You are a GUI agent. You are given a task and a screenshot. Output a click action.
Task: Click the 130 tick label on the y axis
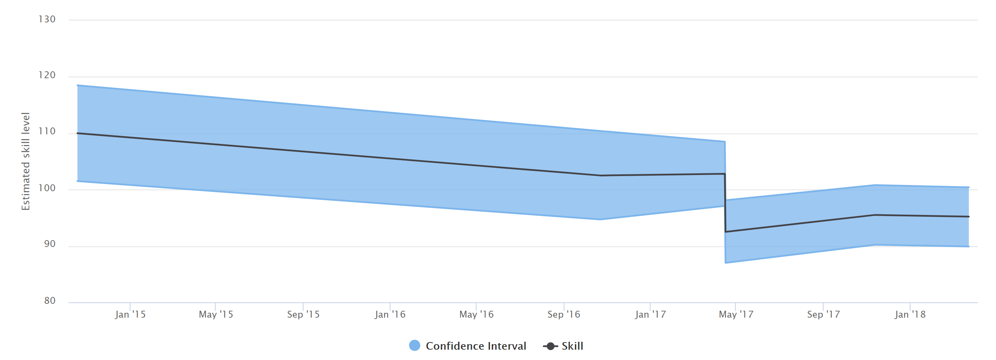[x=47, y=19]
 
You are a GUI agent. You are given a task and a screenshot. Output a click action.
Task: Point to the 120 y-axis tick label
[x=47, y=75]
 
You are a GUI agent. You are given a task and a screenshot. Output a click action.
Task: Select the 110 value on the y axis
[x=47, y=132]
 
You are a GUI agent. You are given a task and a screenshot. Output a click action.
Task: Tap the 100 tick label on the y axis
[x=47, y=188]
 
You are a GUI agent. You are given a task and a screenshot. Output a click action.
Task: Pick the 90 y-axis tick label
[x=50, y=244]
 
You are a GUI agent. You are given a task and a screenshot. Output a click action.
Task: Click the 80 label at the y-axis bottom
[x=50, y=300]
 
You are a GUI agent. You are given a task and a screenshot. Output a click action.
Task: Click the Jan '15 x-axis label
[x=130, y=315]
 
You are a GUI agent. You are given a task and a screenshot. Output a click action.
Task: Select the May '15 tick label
[x=216, y=315]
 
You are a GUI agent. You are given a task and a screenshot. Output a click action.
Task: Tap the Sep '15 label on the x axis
[x=303, y=315]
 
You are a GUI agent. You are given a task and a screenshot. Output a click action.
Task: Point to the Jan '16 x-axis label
[x=390, y=315]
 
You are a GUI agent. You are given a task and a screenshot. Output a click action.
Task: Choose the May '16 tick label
[x=476, y=315]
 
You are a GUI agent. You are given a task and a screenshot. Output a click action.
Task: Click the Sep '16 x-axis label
[x=564, y=315]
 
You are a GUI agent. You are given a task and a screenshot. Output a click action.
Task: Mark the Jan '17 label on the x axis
[x=650, y=315]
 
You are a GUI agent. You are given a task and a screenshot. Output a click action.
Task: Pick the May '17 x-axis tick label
[x=736, y=315]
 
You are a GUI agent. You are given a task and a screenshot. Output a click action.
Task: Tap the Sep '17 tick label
[x=823, y=315]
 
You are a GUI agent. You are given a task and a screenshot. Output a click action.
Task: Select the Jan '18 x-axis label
[x=910, y=315]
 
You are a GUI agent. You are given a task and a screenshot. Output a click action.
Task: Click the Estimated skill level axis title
[x=25, y=161]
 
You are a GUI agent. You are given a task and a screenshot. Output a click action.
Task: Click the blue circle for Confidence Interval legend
[x=415, y=346]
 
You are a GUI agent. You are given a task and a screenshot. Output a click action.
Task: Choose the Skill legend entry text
[x=572, y=346]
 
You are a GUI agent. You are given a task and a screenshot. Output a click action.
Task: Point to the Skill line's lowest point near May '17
[x=726, y=232]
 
